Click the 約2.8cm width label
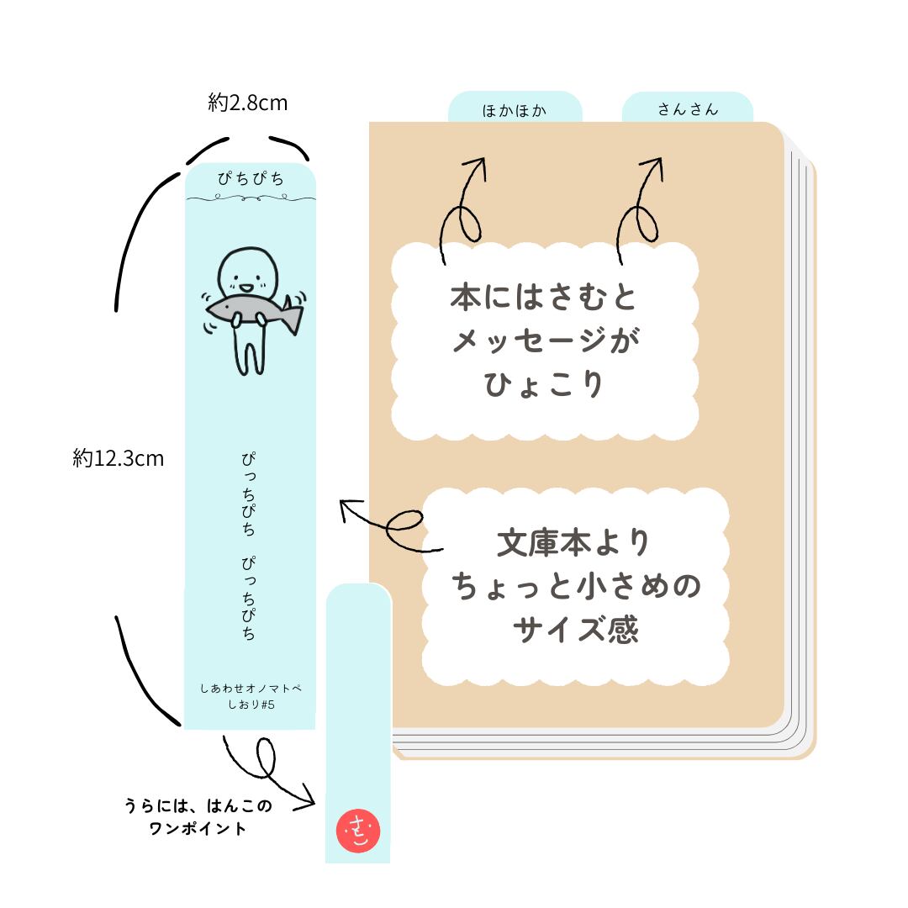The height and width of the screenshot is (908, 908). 248,103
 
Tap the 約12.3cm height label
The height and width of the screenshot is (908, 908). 118,458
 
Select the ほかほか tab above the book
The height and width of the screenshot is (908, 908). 515,110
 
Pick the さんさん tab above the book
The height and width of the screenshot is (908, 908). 688,110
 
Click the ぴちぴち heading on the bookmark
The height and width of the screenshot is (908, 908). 251,178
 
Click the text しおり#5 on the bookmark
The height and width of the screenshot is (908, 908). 251,705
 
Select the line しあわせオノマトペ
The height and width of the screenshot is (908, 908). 251,689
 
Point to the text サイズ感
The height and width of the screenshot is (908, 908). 575,631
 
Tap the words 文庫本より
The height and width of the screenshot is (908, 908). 574,543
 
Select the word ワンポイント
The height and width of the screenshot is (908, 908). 198,828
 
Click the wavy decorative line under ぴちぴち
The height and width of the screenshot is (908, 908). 251,199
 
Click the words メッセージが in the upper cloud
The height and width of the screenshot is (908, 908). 544,340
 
